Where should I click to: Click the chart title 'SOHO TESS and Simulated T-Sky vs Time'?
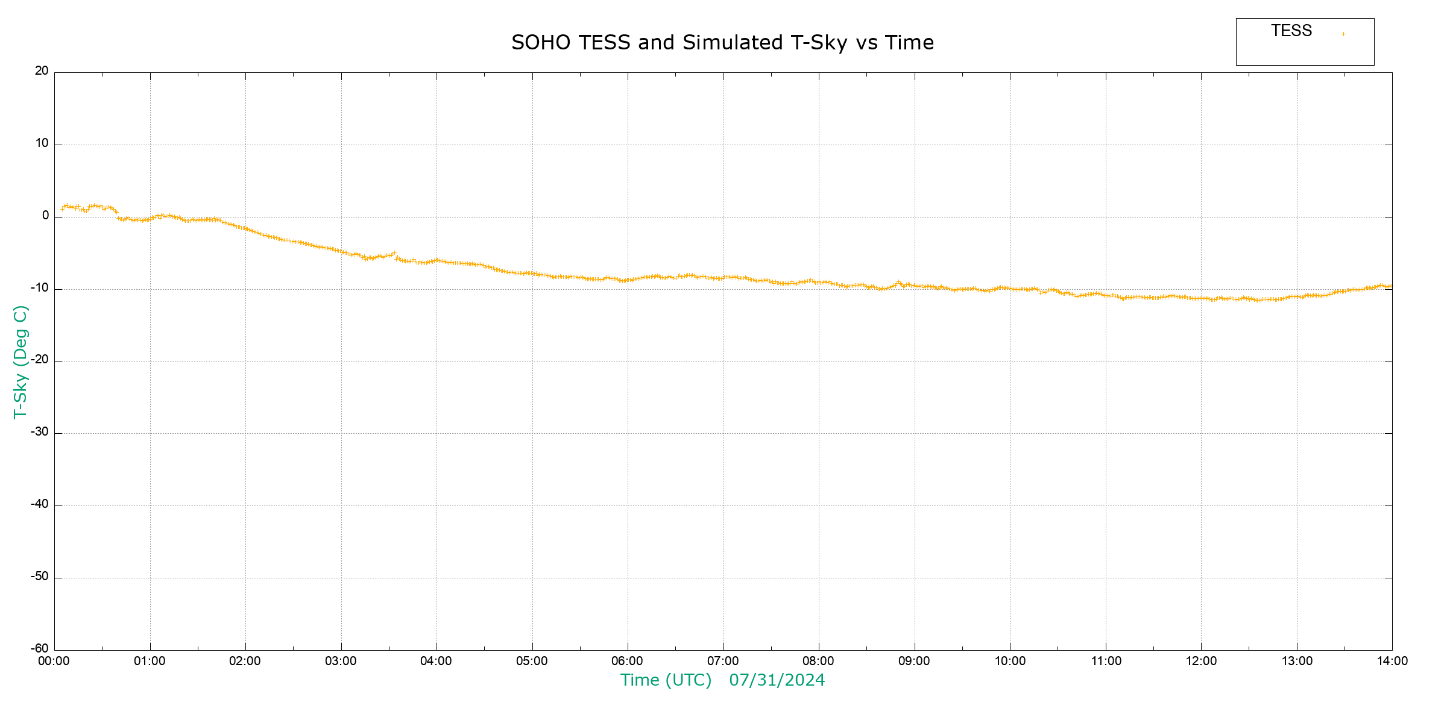pos(722,43)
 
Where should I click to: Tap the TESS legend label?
pos(1291,31)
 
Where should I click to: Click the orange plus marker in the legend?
pos(1343,34)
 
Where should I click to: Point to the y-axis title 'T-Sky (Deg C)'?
pos(20,361)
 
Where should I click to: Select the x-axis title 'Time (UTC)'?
pos(666,680)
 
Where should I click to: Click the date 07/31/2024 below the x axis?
pos(777,680)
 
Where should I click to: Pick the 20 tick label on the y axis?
pos(42,71)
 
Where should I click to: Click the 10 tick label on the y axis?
pos(42,143)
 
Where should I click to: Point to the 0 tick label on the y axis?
pos(45,216)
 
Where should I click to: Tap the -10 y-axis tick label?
pos(40,288)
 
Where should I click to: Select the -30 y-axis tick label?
pos(40,432)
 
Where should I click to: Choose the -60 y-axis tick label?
pos(40,649)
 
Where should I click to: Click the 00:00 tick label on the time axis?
pos(54,662)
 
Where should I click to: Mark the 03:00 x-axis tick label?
pos(341,662)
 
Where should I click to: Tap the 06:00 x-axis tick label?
pos(627,662)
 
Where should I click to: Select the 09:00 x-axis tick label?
pos(914,662)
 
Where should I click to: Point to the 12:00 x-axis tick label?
pos(1201,662)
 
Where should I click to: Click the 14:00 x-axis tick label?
pos(1392,662)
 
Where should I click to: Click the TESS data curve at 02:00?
pos(245,229)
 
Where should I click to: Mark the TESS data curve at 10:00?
pos(1010,289)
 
